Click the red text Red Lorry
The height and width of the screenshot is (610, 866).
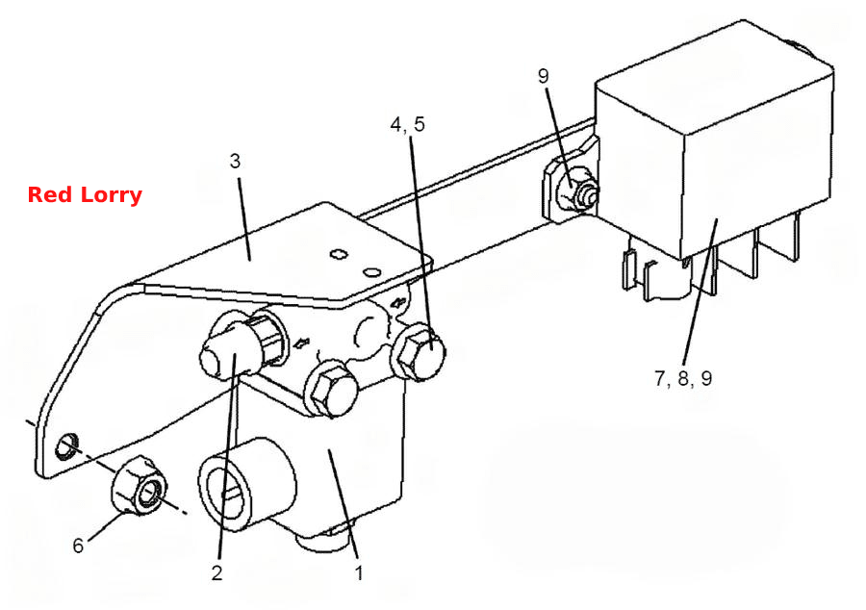[x=85, y=195]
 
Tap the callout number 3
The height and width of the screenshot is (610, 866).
[x=236, y=162]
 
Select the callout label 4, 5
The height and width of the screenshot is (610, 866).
[x=408, y=124]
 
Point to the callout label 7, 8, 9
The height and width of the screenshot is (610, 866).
[x=683, y=378]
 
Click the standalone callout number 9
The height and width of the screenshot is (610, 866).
[x=544, y=76]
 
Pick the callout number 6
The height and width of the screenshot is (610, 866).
[x=78, y=546]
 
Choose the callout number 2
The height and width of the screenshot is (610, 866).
[x=216, y=573]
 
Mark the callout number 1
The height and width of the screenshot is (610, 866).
[x=359, y=573]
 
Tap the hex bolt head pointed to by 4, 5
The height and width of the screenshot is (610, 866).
[x=419, y=352]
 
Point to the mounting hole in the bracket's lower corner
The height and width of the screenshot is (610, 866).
[x=66, y=445]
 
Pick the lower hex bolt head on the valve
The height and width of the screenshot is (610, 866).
[x=329, y=389]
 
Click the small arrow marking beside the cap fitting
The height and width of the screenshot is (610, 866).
[x=301, y=344]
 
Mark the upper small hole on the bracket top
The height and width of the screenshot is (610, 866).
[x=338, y=254]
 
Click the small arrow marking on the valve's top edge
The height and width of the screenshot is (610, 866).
[x=398, y=303]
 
